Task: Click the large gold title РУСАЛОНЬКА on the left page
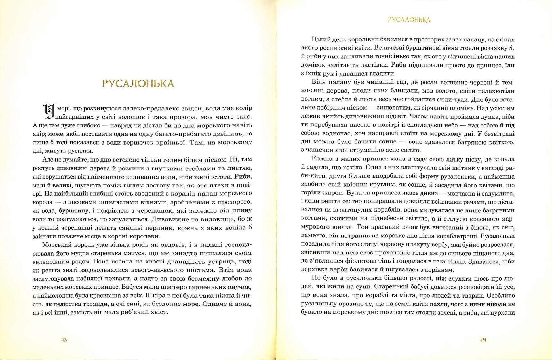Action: pyautogui.click(x=138, y=84)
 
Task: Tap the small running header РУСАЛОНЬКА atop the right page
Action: pyautogui.click(x=409, y=20)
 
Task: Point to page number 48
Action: pyautogui.click(x=64, y=340)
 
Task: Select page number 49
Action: pyautogui.click(x=483, y=340)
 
